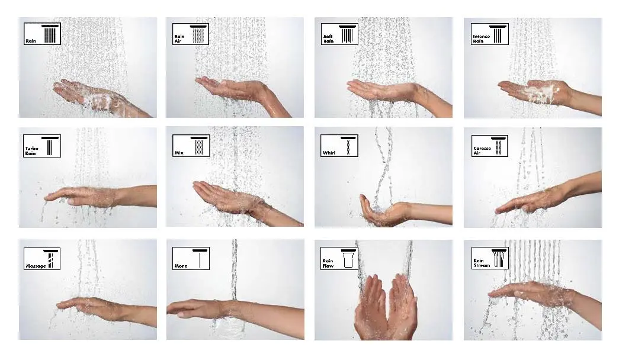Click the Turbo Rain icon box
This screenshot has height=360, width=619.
[42, 146]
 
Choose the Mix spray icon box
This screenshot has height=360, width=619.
[190, 146]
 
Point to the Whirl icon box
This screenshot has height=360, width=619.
[339, 146]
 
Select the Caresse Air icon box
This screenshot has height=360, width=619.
[489, 146]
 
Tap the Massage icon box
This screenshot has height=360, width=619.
[42, 258]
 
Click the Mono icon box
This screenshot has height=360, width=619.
[190, 258]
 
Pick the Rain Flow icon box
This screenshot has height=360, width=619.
[339, 258]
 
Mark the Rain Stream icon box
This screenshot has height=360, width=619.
[489, 258]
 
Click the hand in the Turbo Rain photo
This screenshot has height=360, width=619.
[83, 195]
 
